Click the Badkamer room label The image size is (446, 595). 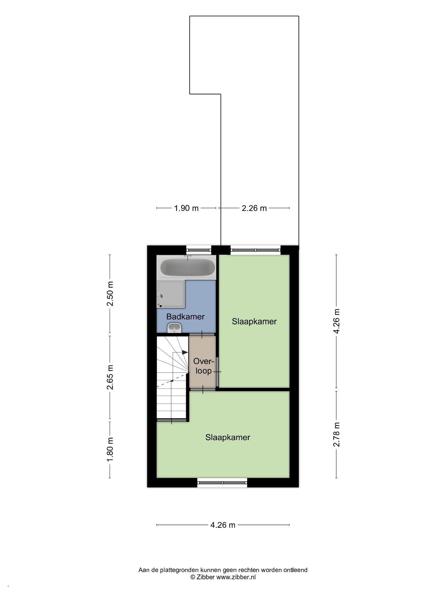pyautogui.click(x=185, y=316)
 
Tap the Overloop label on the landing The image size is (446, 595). pyautogui.click(x=203, y=366)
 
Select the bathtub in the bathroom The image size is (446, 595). pyautogui.click(x=187, y=267)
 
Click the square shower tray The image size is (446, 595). pyautogui.click(x=171, y=294)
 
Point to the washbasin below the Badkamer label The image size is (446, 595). pyautogui.click(x=174, y=328)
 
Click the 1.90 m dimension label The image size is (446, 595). pyautogui.click(x=186, y=208)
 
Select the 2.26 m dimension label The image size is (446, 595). pyautogui.click(x=254, y=208)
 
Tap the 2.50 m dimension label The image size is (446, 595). pyautogui.click(x=110, y=293)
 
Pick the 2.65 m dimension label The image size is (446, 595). pyautogui.click(x=110, y=377)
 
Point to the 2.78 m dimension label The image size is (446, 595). pyautogui.click(x=336, y=434)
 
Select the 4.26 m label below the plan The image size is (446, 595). pyautogui.click(x=223, y=525)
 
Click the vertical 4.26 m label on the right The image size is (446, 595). pyautogui.click(x=336, y=321)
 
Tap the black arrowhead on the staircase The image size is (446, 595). pyautogui.click(x=185, y=352)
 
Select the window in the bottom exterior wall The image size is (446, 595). pyautogui.click(x=222, y=482)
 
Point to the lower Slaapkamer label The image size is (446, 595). pyautogui.click(x=228, y=437)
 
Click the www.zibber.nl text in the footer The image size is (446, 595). pyautogui.click(x=236, y=577)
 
